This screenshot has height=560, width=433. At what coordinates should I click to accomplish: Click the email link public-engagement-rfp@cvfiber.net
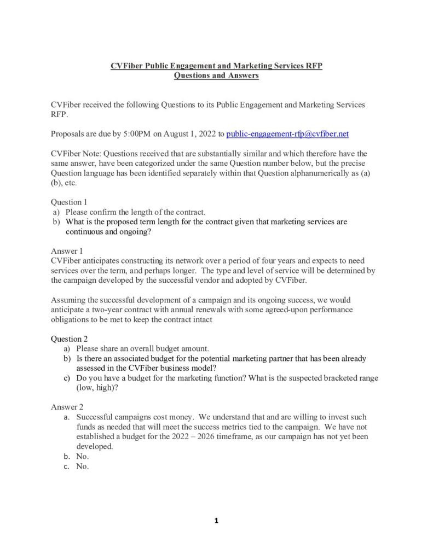(x=287, y=133)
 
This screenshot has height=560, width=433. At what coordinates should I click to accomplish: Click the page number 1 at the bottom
(x=216, y=521)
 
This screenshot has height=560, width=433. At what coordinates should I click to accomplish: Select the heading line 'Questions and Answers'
(x=216, y=75)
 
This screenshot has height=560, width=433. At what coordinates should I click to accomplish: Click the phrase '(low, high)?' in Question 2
(x=98, y=388)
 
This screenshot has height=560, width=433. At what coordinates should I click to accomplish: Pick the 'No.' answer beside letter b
(x=83, y=456)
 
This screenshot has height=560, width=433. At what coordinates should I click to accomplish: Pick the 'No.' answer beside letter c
(x=83, y=466)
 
